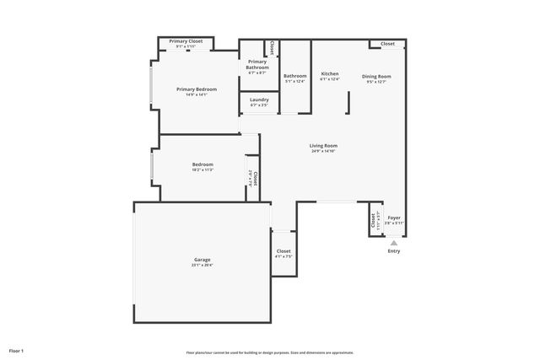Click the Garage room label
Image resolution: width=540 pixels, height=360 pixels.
[202, 259]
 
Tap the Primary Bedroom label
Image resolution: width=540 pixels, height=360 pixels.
[197, 89]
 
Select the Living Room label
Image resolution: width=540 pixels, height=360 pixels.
[323, 146]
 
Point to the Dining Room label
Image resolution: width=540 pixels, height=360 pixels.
[377, 76]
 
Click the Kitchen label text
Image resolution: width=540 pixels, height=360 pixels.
[330, 74]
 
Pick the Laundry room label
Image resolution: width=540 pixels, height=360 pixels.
[259, 99]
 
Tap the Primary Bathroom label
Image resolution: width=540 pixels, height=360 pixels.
[257, 64]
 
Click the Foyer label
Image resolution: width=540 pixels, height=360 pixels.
[394, 217]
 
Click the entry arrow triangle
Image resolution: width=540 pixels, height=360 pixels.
[393, 243]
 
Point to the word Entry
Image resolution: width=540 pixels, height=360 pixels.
[394, 251]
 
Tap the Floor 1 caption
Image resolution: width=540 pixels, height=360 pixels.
[16, 350]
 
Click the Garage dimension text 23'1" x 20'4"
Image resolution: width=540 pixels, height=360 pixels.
[202, 265]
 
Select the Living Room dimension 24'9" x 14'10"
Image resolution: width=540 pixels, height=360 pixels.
[323, 152]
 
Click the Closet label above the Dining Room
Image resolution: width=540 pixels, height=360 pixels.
[387, 44]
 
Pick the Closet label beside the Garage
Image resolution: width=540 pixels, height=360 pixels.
[283, 250]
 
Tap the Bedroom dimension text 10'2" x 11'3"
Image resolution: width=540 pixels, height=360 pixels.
[202, 170]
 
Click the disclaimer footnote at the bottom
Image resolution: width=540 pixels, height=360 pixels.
[270, 352]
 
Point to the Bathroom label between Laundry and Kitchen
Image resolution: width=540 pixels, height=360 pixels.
[294, 76]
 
